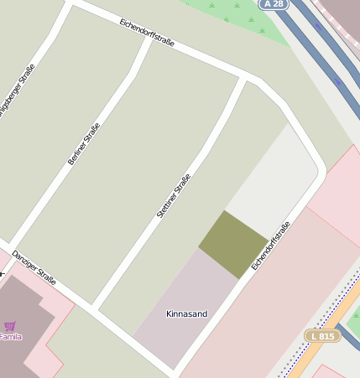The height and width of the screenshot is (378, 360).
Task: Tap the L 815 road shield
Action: pos(322,335)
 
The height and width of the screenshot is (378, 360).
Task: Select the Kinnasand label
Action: pos(186,314)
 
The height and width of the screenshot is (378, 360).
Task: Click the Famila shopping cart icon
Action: pos(9,326)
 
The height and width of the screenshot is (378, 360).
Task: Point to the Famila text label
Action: pos(10,337)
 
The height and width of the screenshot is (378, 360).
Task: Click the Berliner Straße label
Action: pos(84,142)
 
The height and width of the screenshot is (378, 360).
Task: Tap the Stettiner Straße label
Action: pos(174,196)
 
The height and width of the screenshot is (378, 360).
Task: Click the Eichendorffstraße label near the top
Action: pos(147,32)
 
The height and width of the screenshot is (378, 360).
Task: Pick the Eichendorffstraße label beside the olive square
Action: pos(270,245)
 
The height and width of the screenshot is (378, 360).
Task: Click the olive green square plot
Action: pos(233,244)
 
